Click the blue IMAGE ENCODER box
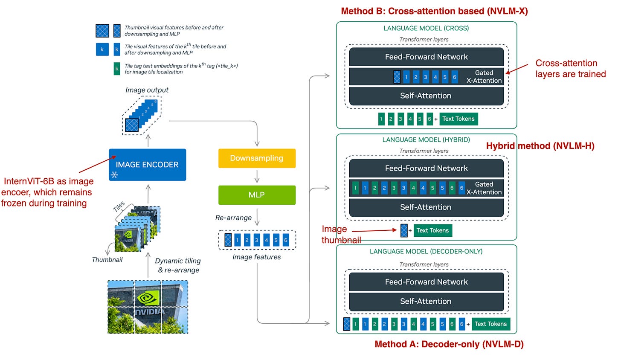pos(147,165)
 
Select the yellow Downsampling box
pos(257,158)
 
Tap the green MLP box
pos(257,195)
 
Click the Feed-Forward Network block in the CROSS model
pos(426,57)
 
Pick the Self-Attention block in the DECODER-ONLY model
pos(426,302)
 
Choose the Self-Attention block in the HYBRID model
pos(426,207)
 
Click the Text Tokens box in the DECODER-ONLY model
pos(490,324)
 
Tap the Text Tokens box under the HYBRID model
pos(432,231)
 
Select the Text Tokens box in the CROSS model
pos(458,119)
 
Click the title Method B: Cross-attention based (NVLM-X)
pos(434,11)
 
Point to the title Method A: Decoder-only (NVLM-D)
pos(449,344)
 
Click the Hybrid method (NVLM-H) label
pos(540,146)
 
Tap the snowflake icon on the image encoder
pos(114,174)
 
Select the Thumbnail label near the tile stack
pos(107,260)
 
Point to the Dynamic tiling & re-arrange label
pos(178,265)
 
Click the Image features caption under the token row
pos(256,257)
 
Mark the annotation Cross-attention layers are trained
pos(570,69)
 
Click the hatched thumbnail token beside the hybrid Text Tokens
pos(404,231)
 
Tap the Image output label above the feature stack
pos(147,90)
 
